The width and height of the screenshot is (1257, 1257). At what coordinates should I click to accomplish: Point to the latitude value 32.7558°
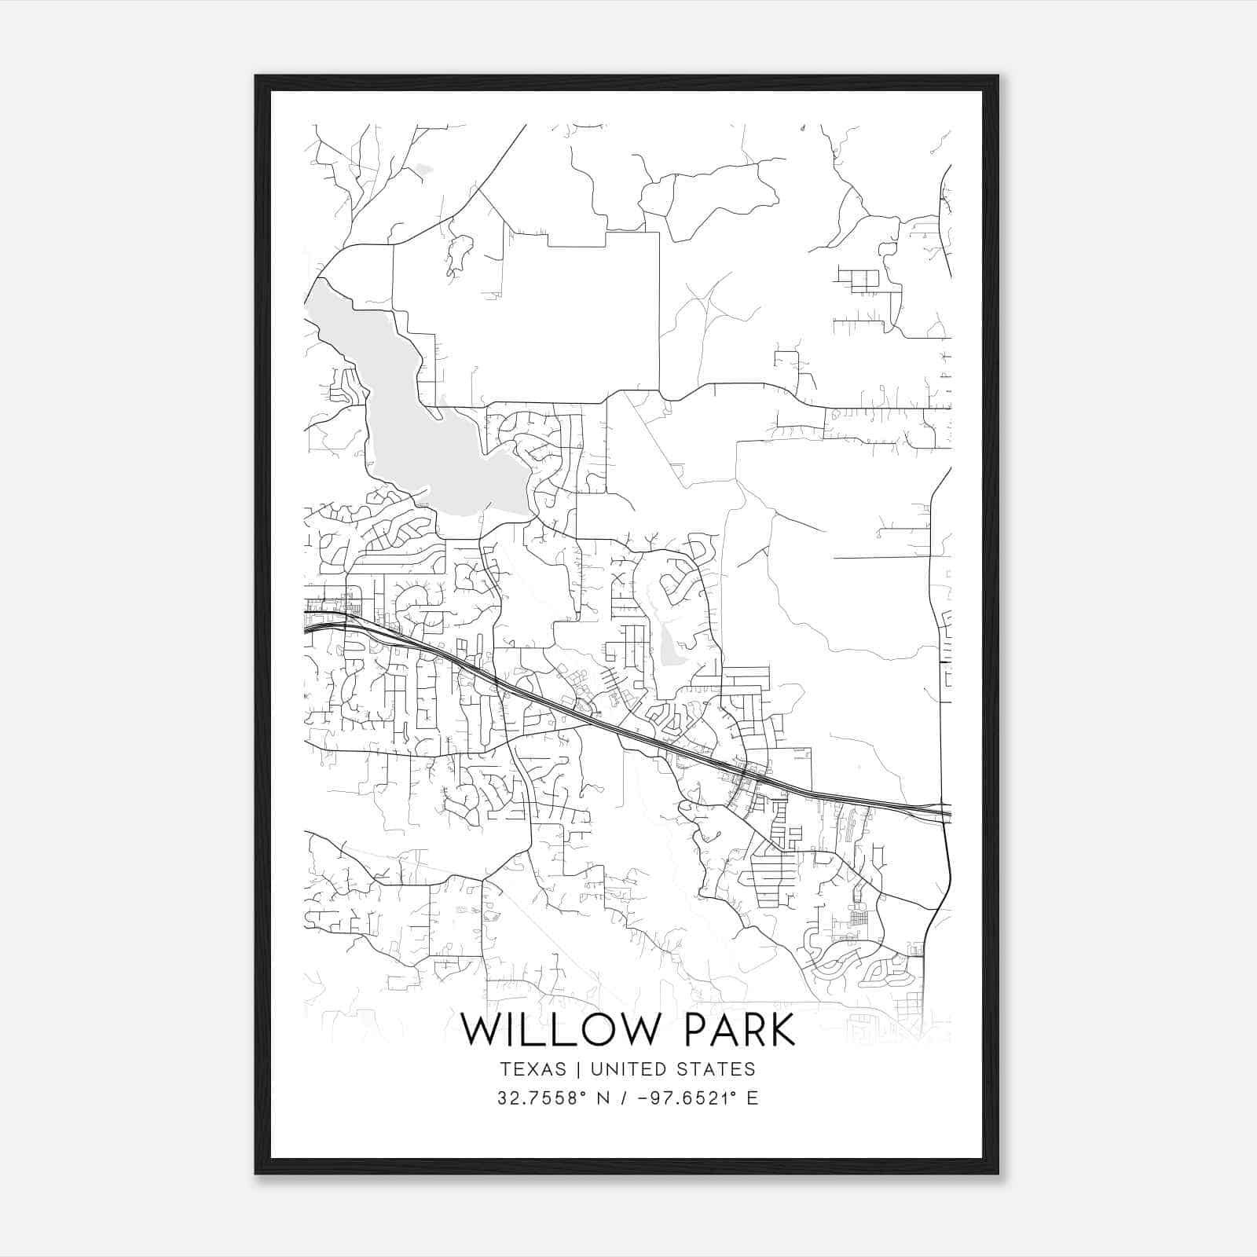(543, 1098)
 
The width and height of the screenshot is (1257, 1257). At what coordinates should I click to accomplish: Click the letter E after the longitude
(753, 1098)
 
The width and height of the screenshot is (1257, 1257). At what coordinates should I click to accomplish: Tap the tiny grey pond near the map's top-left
(423, 167)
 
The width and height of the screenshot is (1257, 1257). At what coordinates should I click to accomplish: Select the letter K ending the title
(781, 1030)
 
